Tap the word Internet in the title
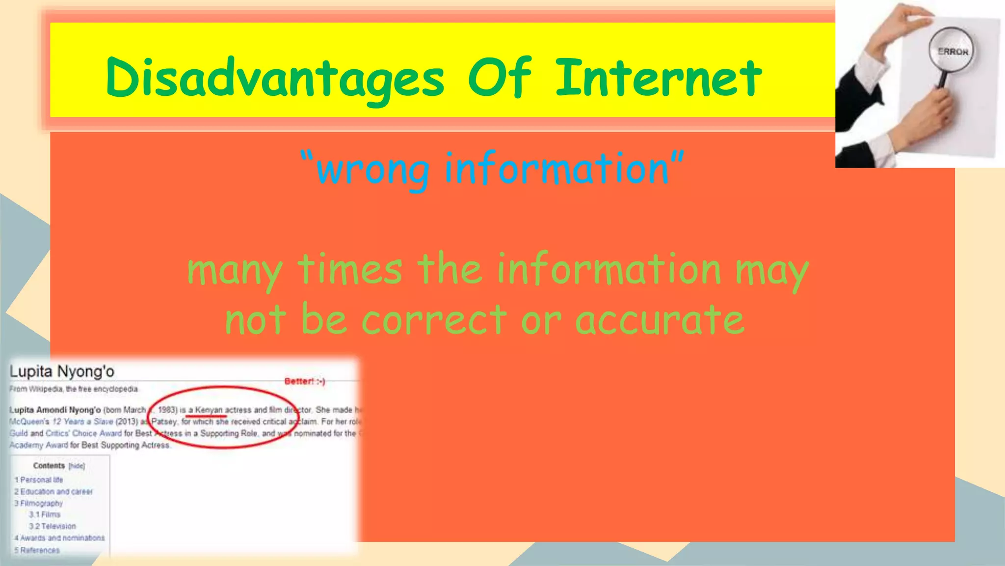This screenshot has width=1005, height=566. (659, 78)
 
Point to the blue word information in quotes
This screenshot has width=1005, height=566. (556, 169)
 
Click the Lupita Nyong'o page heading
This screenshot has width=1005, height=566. (62, 371)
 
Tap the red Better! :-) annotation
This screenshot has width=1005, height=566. (305, 381)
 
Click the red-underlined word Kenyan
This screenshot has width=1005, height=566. (209, 410)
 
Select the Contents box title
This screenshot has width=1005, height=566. (49, 466)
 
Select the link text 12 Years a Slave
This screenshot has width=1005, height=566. (82, 422)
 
